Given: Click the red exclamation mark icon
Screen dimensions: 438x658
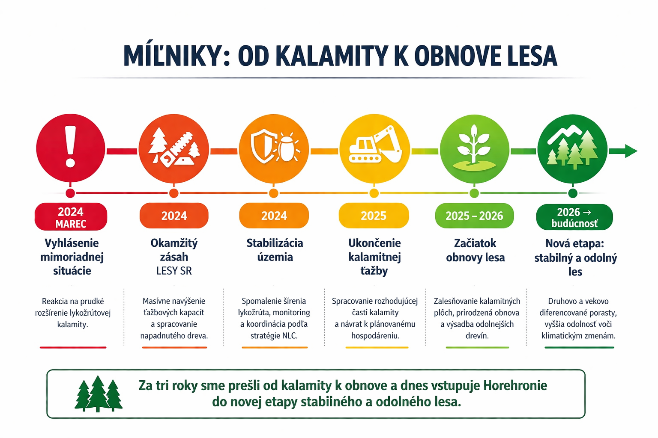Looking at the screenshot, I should point(71,147).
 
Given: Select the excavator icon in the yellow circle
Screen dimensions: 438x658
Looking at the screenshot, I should point(375,146).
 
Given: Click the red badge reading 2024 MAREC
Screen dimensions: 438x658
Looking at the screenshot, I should point(71,217).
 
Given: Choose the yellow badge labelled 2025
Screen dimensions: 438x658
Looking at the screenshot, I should point(374,216).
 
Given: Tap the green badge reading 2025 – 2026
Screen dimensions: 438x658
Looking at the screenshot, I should point(474,216).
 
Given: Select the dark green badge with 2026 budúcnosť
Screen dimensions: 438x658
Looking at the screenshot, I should point(574,217).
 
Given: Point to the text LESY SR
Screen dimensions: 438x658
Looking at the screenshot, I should point(174,271).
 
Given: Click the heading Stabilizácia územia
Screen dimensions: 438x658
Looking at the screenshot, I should point(275,250).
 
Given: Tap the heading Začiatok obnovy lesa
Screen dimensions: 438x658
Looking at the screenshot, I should point(475,250).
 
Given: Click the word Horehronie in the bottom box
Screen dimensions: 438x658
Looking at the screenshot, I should point(515,385).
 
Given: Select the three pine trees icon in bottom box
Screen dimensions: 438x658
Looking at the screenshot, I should point(99,394).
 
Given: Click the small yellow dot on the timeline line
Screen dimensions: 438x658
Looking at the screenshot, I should point(374,193).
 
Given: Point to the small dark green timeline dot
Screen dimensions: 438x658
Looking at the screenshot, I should point(573,193).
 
